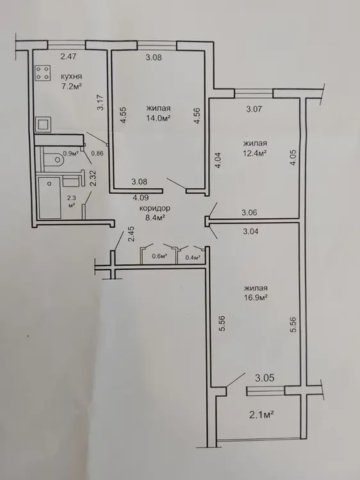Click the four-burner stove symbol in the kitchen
coord(43,73)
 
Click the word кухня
coord(71,77)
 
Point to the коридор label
coord(155,209)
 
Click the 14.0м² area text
coord(158,118)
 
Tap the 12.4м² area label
coord(254,153)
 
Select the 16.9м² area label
coord(256,298)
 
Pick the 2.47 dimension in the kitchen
coord(69,56)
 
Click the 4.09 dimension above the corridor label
coord(140,198)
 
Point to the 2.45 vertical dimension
coord(131,234)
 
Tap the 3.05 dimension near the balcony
coord(265,378)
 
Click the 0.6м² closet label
coord(160,257)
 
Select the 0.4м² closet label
coord(193,257)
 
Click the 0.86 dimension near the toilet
coord(97,154)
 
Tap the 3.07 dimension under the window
coord(254,109)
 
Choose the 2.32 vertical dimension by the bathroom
coord(93,179)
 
